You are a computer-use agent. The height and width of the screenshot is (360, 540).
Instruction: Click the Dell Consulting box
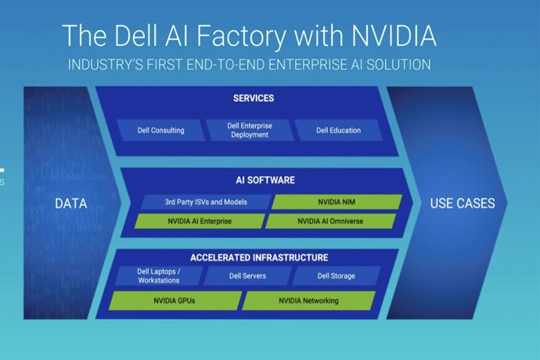pyautogui.click(x=162, y=130)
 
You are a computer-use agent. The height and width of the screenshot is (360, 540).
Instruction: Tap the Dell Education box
pyautogui.click(x=337, y=130)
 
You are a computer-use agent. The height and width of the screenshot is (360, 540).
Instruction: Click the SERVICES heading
pyautogui.click(x=253, y=99)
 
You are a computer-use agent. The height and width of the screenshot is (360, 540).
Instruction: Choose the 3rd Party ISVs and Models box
pyautogui.click(x=206, y=202)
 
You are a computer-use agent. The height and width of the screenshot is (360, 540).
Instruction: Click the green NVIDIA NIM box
pyautogui.click(x=337, y=202)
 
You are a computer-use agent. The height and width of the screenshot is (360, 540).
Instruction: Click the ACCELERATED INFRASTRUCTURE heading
pyautogui.click(x=258, y=257)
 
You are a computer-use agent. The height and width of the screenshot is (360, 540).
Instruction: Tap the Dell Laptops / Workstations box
pyautogui.click(x=158, y=275)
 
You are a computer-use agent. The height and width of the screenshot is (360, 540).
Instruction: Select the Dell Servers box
pyautogui.click(x=247, y=275)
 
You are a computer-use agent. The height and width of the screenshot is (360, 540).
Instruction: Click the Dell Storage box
pyautogui.click(x=336, y=275)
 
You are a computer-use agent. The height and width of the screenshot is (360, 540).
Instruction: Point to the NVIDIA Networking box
pyautogui.click(x=308, y=301)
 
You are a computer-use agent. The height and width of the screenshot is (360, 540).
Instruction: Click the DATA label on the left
pyautogui.click(x=70, y=203)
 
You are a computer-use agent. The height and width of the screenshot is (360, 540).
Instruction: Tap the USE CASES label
pyautogui.click(x=462, y=203)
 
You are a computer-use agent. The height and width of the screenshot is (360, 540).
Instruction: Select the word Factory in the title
pyautogui.click(x=235, y=36)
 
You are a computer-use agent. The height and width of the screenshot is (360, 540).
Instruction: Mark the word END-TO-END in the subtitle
pyautogui.click(x=237, y=64)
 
